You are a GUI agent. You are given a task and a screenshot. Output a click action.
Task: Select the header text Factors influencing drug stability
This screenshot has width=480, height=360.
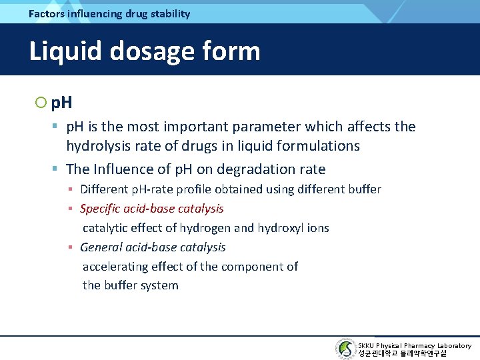(109, 13)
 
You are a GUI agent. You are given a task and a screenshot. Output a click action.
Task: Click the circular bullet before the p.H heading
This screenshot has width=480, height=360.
(41, 103)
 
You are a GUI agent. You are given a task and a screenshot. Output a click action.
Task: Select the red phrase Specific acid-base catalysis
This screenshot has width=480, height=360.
(152, 209)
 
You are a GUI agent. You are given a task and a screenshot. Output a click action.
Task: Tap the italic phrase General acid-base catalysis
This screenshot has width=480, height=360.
(153, 247)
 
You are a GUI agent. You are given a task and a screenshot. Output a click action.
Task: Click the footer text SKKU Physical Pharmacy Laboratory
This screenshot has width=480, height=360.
(415, 345)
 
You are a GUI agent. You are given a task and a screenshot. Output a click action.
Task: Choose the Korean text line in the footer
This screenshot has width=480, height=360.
(403, 353)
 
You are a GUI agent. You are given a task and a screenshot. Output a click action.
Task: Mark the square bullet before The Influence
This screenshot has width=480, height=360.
(57, 169)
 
